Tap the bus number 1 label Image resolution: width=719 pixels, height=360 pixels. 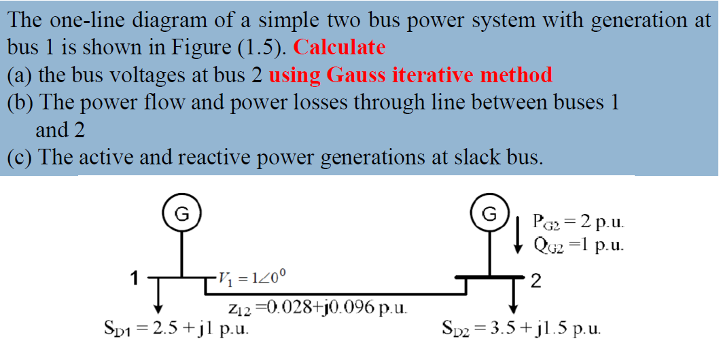coord(136,277)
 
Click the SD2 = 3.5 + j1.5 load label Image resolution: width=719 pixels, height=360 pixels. coord(521,329)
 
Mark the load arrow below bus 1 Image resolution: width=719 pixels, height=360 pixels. coord(158,296)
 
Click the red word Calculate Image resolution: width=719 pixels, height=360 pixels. coord(340,48)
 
